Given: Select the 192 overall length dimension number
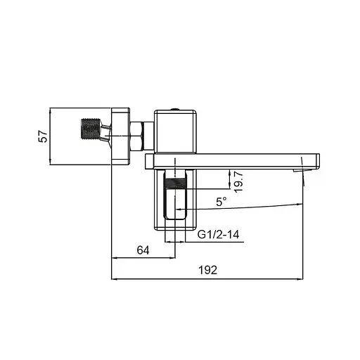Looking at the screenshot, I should (x=207, y=270).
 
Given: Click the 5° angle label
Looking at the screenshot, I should (x=221, y=202).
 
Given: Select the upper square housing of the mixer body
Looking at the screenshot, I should (x=176, y=132).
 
